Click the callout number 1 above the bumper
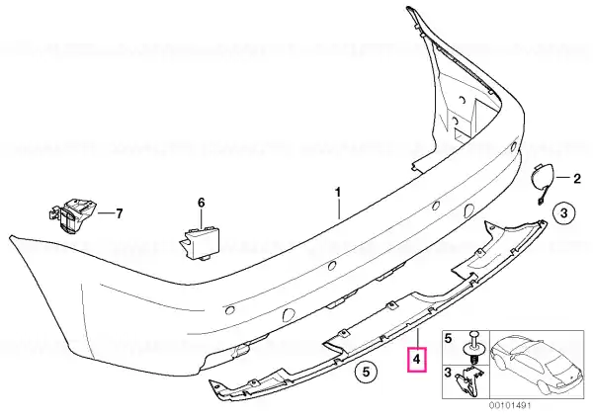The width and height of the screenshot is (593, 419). coord(338,192)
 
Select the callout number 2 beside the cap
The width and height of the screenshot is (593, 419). coord(577,178)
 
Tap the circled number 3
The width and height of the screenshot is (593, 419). coord(563,212)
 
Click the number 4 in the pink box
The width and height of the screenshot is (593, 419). coord(416,360)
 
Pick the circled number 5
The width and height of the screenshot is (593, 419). coord(366,372)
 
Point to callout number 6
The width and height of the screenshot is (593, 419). coord(202,203)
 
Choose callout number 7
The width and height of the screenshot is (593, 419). coord(120,214)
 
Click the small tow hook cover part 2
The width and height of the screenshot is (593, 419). coord(543,181)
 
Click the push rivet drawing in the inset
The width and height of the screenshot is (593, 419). coord(473,346)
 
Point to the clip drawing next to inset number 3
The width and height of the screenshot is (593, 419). coord(470,380)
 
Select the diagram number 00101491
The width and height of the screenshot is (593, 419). coord(511,406)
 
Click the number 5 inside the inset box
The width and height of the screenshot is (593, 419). coord(448,338)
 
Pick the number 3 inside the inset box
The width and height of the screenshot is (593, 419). coord(448,373)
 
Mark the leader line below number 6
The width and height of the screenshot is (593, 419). coord(202,218)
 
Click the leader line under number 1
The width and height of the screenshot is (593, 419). coord(338,209)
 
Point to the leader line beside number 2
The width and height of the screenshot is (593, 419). coord(563,177)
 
